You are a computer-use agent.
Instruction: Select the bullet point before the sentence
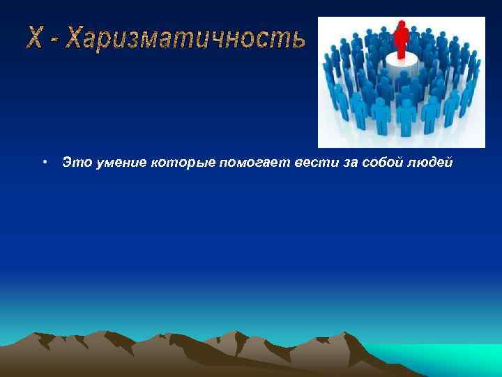[x=45, y=163]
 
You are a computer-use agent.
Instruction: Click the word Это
[x=74, y=163]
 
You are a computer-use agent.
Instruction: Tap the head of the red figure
[x=401, y=24]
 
